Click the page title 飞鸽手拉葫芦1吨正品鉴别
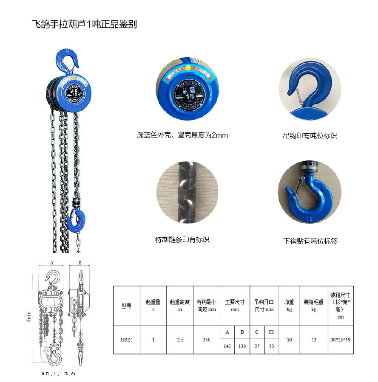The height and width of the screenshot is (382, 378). [x=85, y=24]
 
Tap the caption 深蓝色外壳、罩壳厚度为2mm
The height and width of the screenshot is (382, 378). [x=182, y=135]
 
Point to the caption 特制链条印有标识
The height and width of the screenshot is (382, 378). [x=182, y=240]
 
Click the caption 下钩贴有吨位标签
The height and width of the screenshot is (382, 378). [x=310, y=241]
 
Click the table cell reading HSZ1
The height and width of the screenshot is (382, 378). [x=126, y=340]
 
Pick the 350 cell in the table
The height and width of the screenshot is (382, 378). [x=206, y=340]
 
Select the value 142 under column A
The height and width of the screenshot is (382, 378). [x=227, y=346]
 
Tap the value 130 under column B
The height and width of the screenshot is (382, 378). [x=242, y=346]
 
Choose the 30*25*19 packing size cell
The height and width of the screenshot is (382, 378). [x=340, y=340]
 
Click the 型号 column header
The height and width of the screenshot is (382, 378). [x=126, y=306]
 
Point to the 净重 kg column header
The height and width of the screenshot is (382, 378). [x=289, y=306]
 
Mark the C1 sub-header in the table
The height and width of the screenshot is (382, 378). [x=271, y=332]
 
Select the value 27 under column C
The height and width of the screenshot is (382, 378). [x=257, y=346]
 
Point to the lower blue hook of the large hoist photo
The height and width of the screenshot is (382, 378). [x=77, y=220]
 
